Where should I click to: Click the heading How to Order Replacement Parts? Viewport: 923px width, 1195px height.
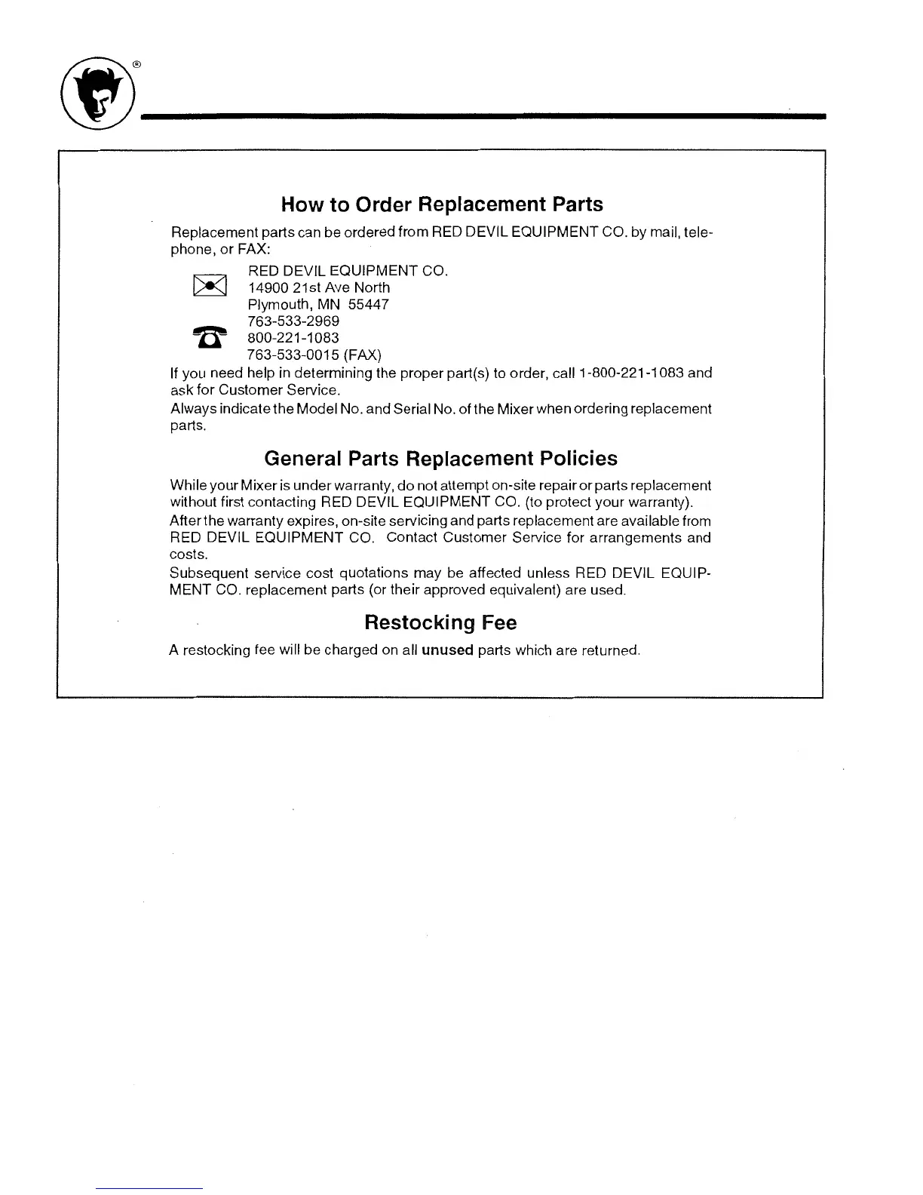coord(441,204)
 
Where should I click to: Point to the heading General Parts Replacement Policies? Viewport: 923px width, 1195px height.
coord(440,459)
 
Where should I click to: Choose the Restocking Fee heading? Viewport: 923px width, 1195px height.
coord(440,622)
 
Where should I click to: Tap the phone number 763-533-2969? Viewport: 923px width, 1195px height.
coord(293,321)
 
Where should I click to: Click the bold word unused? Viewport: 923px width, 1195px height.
coord(446,650)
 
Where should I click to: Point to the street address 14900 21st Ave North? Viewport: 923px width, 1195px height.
coord(319,287)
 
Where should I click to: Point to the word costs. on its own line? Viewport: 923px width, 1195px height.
coord(186,554)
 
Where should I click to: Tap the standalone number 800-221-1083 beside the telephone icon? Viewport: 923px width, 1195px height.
coord(293,338)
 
